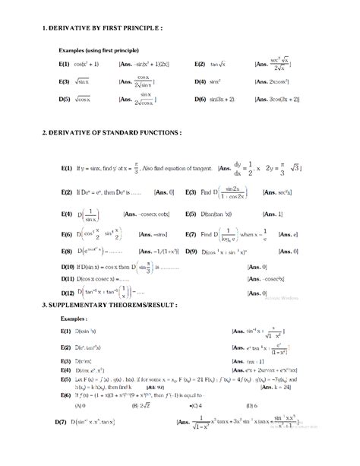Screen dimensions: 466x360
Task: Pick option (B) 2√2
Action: [141, 406]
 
